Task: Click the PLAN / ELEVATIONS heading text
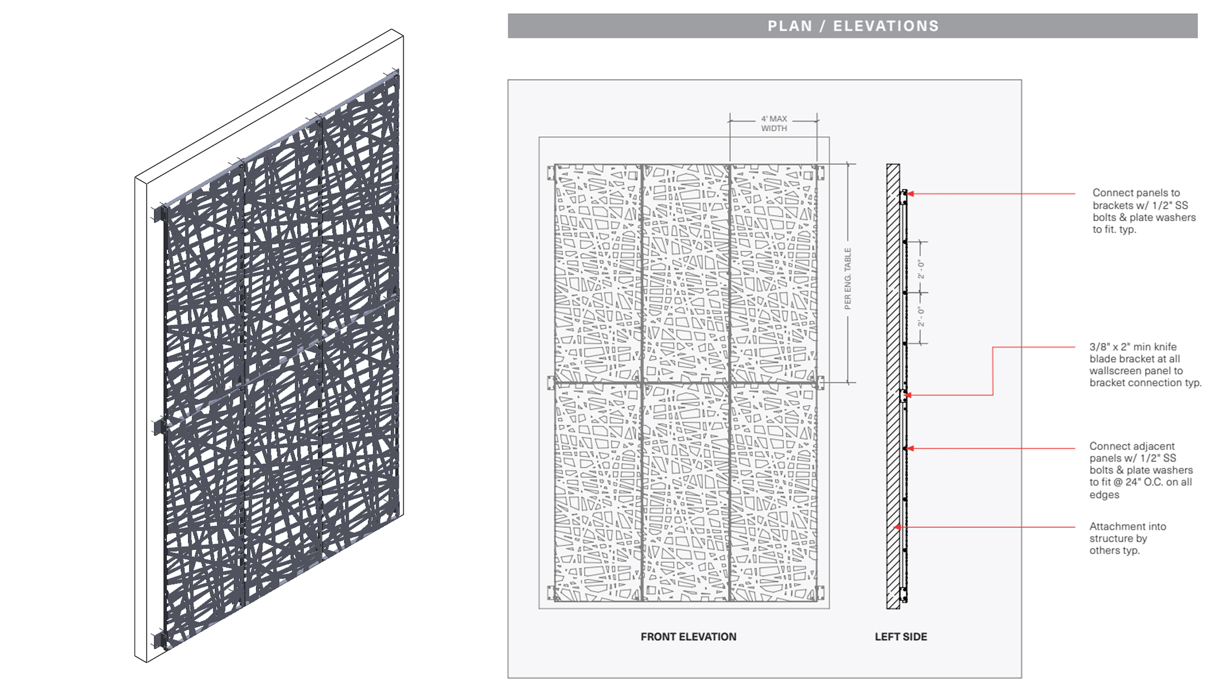[x=853, y=26]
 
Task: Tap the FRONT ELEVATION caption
[x=688, y=637]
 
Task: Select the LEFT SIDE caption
[x=901, y=637]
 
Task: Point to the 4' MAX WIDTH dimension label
[x=774, y=124]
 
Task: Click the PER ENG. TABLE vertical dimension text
[x=847, y=278]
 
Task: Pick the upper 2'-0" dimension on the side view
[x=922, y=269]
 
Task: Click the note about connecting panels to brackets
[x=1144, y=211]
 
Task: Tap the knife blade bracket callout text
[x=1145, y=365]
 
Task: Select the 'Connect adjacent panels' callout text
[x=1141, y=470]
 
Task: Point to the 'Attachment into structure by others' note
[x=1128, y=538]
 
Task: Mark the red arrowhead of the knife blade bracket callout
[x=908, y=395]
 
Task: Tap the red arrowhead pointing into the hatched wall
[x=897, y=527]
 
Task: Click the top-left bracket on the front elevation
[x=551, y=172]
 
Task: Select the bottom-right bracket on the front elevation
[x=821, y=593]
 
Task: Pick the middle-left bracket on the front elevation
[x=551, y=382]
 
